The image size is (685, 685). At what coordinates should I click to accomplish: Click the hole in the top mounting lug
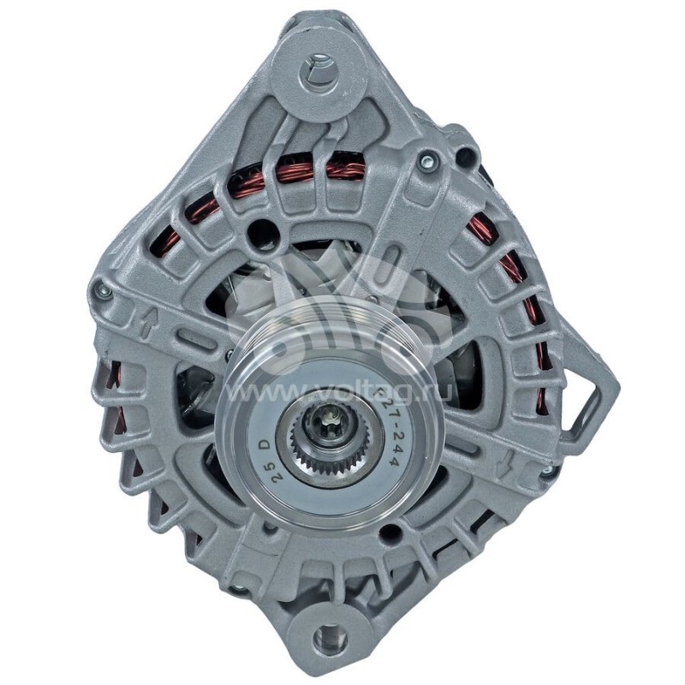click(319, 67)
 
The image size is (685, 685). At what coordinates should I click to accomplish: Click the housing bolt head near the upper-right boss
click(426, 159)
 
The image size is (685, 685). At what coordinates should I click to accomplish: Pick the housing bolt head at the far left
click(104, 292)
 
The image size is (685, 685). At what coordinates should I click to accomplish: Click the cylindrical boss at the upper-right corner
click(467, 157)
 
